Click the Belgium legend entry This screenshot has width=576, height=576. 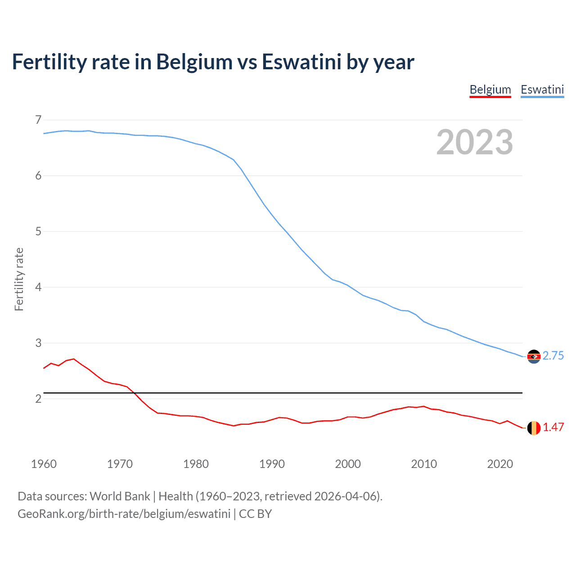click(x=490, y=90)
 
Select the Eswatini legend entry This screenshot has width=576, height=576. click(x=542, y=90)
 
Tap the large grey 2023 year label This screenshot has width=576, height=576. click(x=474, y=142)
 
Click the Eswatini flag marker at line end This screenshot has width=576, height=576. click(x=533, y=356)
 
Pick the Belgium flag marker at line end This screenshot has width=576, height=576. click(x=533, y=428)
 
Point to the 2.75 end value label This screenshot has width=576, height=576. click(x=553, y=356)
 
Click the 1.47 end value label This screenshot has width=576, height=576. click(x=553, y=427)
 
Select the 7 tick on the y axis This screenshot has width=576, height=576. click(x=38, y=120)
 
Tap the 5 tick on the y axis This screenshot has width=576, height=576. click(x=38, y=231)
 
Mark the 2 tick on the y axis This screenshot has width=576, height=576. click(x=38, y=399)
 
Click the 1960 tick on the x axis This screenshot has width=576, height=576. click(x=44, y=464)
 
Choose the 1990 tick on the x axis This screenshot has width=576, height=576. click(x=272, y=464)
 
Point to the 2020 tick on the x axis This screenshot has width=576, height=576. click(x=500, y=464)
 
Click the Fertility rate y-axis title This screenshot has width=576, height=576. click(x=19, y=279)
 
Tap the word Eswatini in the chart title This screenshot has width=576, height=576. click(x=301, y=62)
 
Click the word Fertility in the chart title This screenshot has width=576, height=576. click(x=49, y=62)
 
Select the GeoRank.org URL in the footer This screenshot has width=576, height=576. click(x=124, y=514)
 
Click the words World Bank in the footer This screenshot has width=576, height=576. click(x=120, y=496)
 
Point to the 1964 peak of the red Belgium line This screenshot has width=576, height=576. click(x=74, y=359)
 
